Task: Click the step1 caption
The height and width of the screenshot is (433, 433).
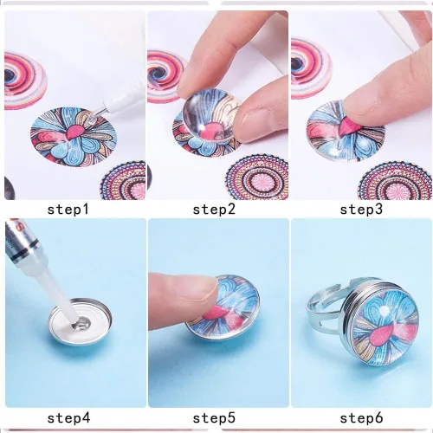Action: pos(68,210)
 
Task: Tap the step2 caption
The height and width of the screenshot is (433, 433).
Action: pos(214,210)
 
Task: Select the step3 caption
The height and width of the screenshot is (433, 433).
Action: pos(361,210)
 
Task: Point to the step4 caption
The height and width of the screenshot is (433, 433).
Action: pos(68,417)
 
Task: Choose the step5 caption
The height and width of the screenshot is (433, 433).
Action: pos(214,417)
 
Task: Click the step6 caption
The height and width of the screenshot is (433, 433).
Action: pos(361,417)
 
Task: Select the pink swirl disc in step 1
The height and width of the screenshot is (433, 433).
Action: pos(24,81)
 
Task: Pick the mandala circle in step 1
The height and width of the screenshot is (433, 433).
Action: pos(123,180)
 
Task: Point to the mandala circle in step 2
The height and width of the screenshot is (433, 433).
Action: pos(257,178)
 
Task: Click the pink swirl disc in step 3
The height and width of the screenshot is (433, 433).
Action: pos(310,69)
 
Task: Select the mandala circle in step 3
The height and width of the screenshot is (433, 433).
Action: pos(396,180)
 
